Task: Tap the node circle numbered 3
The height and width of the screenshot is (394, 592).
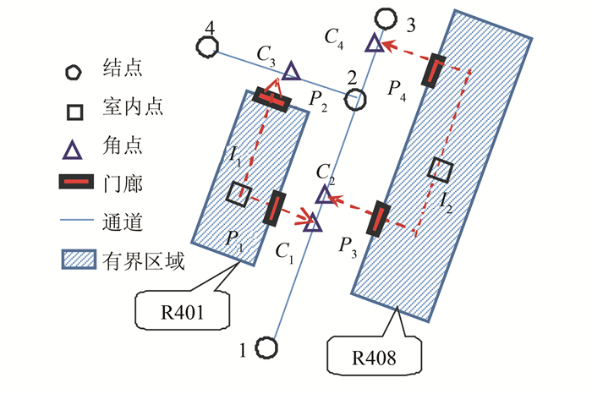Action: point(386,17)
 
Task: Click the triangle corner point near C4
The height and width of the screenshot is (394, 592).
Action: point(374,41)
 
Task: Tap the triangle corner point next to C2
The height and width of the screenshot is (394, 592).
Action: point(324,196)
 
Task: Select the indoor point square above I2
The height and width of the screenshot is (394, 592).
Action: point(438,168)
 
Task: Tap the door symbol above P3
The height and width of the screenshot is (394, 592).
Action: point(375,218)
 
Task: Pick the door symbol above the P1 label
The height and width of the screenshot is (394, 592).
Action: point(274,208)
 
